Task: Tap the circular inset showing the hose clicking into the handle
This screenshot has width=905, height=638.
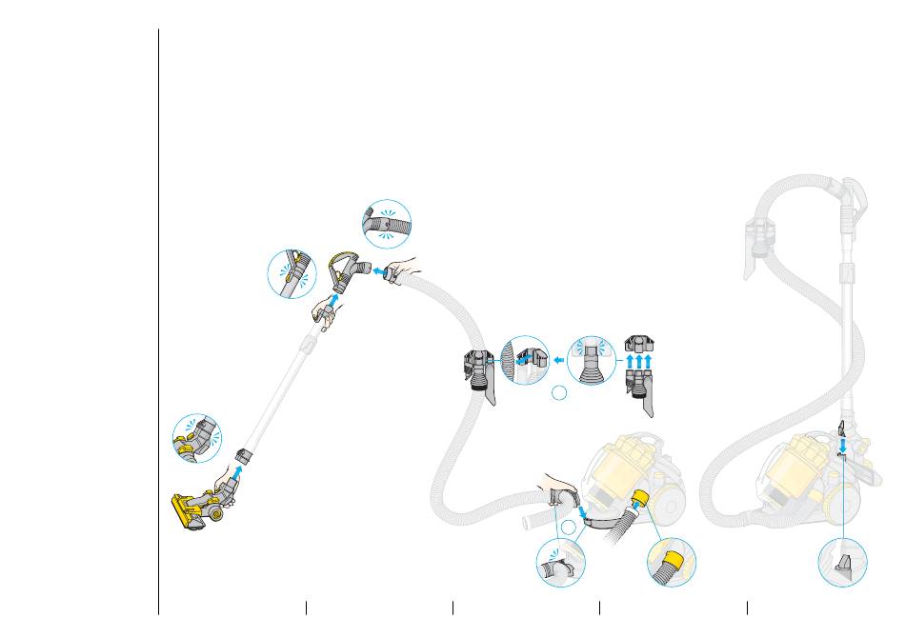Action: point(386,224)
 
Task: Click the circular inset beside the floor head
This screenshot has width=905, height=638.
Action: point(196,438)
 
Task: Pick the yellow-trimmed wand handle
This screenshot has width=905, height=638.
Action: point(346,271)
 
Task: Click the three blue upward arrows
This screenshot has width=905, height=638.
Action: point(638,362)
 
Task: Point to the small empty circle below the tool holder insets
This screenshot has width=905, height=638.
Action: point(561,393)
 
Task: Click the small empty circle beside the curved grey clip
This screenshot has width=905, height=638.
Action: point(568,527)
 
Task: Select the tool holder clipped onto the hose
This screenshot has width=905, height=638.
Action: point(477,375)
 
